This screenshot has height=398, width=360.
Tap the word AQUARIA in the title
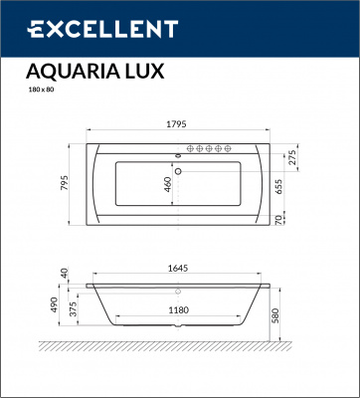pos(72,72)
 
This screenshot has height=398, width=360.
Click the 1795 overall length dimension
pos(176,126)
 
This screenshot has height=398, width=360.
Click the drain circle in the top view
pos(177,169)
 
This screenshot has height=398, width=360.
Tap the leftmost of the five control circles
pos(196,150)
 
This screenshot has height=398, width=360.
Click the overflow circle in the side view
pos(178,292)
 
